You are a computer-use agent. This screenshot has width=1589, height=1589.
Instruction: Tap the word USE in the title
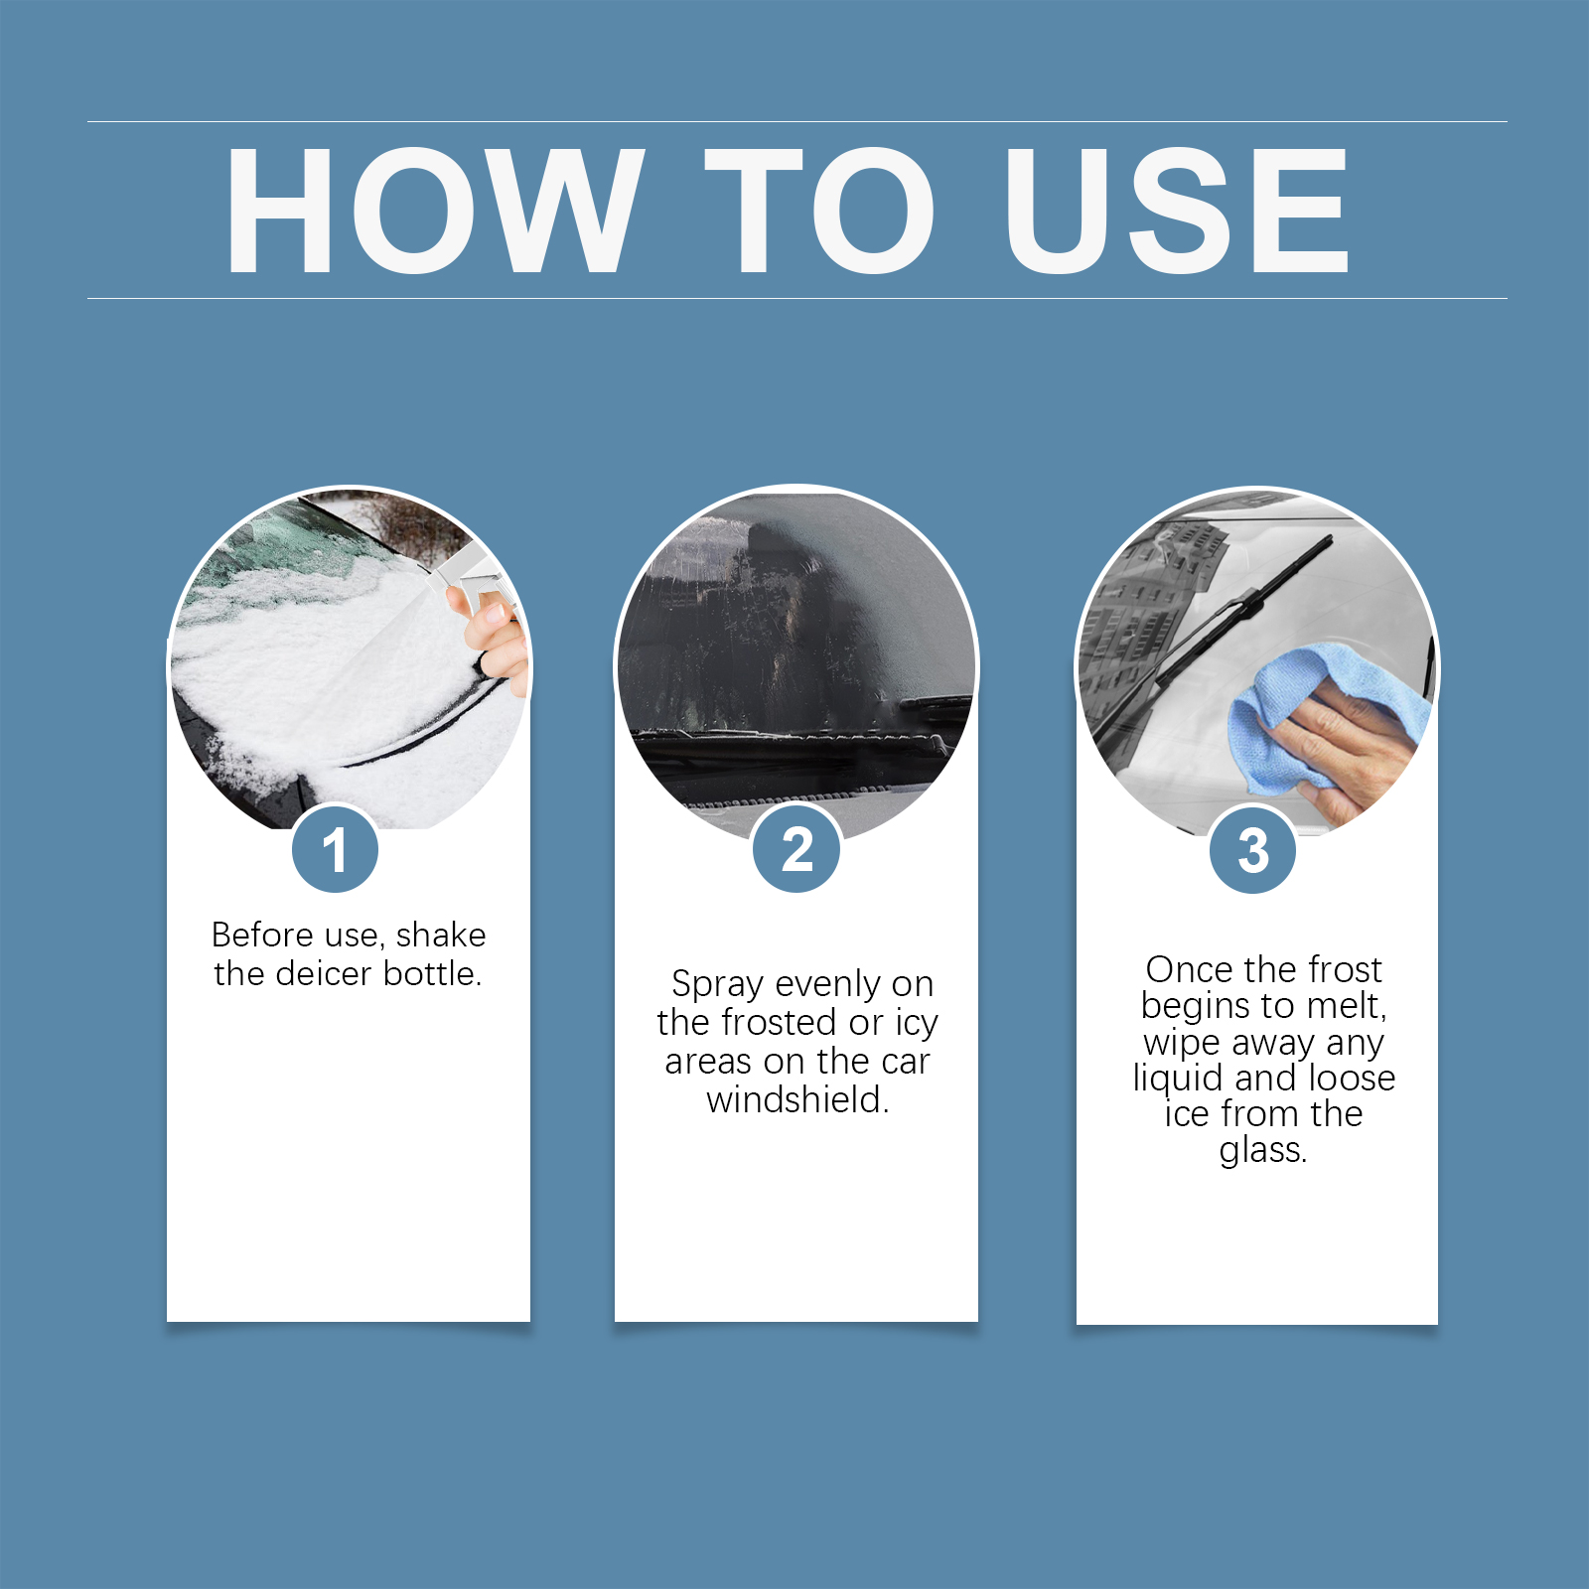[1177, 210]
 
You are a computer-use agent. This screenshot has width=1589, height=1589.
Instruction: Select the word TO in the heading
[819, 210]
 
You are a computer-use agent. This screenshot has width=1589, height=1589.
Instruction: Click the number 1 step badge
[335, 850]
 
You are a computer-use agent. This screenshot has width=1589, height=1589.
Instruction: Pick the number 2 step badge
[796, 850]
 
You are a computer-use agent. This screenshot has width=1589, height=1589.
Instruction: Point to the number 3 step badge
[1253, 850]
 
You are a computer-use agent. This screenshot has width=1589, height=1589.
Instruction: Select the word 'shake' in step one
[441, 936]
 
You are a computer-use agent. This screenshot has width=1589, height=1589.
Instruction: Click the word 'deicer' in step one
[323, 974]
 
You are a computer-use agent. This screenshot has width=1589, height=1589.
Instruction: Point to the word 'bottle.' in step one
[432, 974]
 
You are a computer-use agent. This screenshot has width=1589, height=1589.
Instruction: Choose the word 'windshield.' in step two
[797, 1100]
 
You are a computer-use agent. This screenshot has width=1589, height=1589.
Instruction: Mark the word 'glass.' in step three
[1263, 1151]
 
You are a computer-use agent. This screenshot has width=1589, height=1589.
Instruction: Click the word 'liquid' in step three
[1179, 1080]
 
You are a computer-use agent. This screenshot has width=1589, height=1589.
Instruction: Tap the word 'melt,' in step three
[1347, 1006]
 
